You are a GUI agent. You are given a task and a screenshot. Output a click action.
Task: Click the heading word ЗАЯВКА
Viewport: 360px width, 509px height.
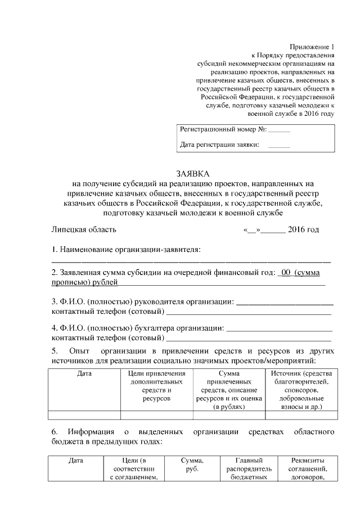coord(192,174)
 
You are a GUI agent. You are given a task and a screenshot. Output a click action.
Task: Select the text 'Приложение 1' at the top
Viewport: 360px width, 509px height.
coord(312,47)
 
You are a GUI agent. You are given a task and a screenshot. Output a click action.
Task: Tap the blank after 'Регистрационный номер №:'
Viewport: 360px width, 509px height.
coord(280,130)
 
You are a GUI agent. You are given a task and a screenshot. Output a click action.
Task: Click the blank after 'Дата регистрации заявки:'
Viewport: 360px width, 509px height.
coord(280,146)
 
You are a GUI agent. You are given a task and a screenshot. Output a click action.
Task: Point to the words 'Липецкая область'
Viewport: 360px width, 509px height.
coord(84,229)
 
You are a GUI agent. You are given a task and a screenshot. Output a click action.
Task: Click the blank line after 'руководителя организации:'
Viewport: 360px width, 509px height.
coord(285,303)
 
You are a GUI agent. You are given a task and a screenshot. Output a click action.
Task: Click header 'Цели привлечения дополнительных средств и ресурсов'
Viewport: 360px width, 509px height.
coord(157,386)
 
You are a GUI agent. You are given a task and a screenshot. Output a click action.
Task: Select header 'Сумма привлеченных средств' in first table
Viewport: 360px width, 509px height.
coord(229,390)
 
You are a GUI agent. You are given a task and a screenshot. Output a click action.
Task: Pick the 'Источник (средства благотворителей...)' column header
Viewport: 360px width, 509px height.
coord(301,390)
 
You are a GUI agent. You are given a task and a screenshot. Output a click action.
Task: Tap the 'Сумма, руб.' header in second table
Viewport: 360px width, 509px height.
coord(192,465)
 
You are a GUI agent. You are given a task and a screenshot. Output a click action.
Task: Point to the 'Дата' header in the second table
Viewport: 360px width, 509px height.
coord(76,461)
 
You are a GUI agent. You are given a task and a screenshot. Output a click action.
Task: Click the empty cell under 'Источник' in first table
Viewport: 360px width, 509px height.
coord(301,416)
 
